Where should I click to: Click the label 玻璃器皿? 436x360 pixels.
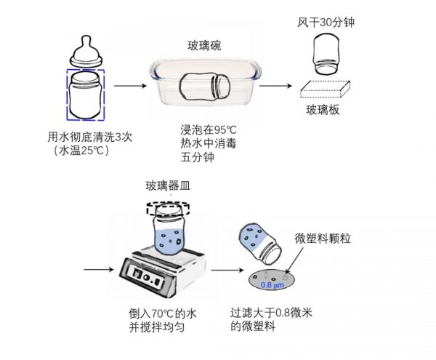click(x=169, y=184)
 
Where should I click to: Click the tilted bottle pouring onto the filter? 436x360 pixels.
click(x=262, y=242)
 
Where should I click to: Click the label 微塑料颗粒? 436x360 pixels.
click(x=323, y=239)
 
